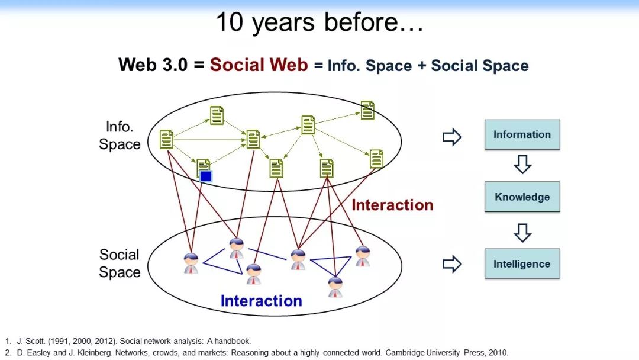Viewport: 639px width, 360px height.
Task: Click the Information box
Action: pos(522,134)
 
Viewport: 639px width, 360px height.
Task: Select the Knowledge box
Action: pos(522,197)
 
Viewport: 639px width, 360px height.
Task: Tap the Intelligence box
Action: pos(522,263)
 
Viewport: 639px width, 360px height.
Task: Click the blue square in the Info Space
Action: pos(206,176)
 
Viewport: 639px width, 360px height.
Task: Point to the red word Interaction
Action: pos(392,205)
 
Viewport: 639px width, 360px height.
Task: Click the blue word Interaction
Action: pos(262,301)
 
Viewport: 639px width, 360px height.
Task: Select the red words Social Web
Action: pos(259,65)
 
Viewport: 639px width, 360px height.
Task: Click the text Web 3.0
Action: pos(153,65)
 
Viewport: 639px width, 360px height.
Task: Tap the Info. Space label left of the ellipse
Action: pos(120,136)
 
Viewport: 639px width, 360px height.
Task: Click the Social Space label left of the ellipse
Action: pos(120,263)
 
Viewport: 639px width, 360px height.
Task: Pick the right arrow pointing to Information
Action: pos(452,137)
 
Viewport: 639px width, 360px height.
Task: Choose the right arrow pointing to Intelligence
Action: pos(452,264)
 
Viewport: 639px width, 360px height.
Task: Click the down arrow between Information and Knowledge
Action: pos(522,164)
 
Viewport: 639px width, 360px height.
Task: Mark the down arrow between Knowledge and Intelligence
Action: pos(522,233)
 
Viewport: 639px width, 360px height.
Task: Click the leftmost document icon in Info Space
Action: pos(166,139)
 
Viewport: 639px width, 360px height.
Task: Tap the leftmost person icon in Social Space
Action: pos(191,263)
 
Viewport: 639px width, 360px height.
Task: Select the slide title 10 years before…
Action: pos(320,22)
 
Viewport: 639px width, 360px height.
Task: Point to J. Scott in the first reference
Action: pos(31,341)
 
